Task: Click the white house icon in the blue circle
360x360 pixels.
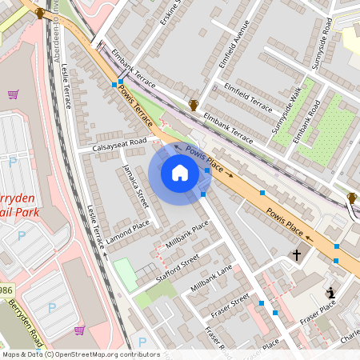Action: point(180,173)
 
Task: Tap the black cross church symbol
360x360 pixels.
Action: point(297,255)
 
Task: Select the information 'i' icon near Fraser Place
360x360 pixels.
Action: point(330,293)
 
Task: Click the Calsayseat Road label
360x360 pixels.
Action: point(120,145)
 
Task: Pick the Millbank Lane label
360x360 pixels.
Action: point(211,276)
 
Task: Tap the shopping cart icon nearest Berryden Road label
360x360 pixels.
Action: point(79,330)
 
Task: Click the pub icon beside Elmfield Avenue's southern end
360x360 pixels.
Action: point(193,104)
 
